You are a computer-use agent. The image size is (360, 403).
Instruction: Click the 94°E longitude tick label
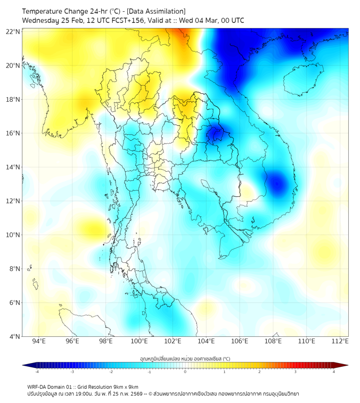click(x=39, y=341)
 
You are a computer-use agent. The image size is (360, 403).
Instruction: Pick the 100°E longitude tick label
click(x=139, y=341)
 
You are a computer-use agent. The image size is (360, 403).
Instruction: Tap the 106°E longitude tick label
click(x=240, y=341)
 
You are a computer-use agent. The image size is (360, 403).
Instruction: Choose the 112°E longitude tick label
click(x=340, y=341)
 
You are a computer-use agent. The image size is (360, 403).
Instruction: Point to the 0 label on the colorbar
click(x=185, y=372)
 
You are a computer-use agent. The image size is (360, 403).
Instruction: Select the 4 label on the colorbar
click(x=334, y=372)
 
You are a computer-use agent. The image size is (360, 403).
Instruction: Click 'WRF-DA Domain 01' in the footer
click(x=48, y=386)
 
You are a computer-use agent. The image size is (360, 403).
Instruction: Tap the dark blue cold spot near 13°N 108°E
click(x=277, y=184)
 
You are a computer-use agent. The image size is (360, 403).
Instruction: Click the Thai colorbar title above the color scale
click(x=185, y=358)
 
